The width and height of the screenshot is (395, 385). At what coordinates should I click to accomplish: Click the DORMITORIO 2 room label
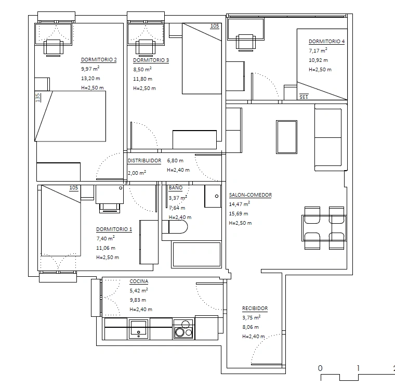click(99, 60)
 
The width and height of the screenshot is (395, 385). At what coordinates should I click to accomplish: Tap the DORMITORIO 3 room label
click(151, 60)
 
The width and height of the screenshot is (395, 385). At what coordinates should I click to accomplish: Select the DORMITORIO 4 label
click(326, 42)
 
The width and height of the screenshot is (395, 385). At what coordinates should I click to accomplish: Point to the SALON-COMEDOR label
click(251, 195)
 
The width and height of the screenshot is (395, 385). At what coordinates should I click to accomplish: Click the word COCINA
click(139, 281)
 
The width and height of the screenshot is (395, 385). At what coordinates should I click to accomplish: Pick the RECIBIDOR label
click(255, 309)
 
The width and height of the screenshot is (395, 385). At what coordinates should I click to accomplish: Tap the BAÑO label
click(176, 188)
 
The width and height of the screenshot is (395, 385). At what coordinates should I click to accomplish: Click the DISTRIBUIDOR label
click(144, 161)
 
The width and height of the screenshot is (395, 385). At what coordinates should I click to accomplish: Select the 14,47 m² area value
click(239, 204)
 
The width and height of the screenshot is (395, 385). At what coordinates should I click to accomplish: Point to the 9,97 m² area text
click(90, 69)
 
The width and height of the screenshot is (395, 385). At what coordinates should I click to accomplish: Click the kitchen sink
click(138, 329)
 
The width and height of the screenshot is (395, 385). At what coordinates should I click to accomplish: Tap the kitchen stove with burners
click(183, 329)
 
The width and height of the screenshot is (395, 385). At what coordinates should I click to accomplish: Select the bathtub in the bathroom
click(196, 254)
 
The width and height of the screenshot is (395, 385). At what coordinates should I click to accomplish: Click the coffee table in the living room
click(287, 137)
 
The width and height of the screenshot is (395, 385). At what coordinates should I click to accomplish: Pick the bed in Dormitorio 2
click(70, 116)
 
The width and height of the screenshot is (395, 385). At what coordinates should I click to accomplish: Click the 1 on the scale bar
click(358, 368)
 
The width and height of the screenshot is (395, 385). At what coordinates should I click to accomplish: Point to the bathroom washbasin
click(213, 196)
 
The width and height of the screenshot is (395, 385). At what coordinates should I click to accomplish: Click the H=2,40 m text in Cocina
click(141, 310)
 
